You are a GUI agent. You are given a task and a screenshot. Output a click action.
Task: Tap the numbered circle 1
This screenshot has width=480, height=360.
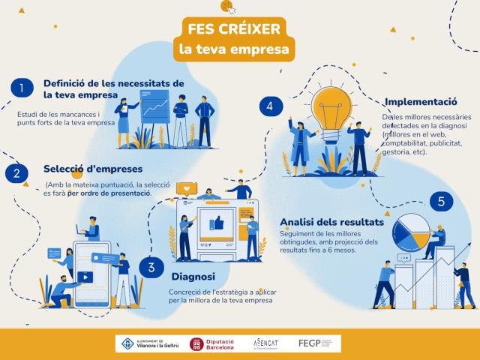point(22,88)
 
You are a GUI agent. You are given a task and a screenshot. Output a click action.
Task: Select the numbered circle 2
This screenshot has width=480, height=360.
point(16,174)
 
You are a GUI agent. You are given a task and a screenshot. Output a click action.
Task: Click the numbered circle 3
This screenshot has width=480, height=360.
point(151,266)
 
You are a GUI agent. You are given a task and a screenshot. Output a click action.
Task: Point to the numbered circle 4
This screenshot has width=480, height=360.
point(269,106)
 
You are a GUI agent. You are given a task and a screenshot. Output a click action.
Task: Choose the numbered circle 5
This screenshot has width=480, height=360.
point(442,201)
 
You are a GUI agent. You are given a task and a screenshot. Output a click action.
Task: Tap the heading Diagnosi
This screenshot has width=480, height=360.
point(193,275)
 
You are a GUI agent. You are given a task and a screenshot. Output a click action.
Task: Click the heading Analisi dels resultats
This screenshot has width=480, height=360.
point(331,222)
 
